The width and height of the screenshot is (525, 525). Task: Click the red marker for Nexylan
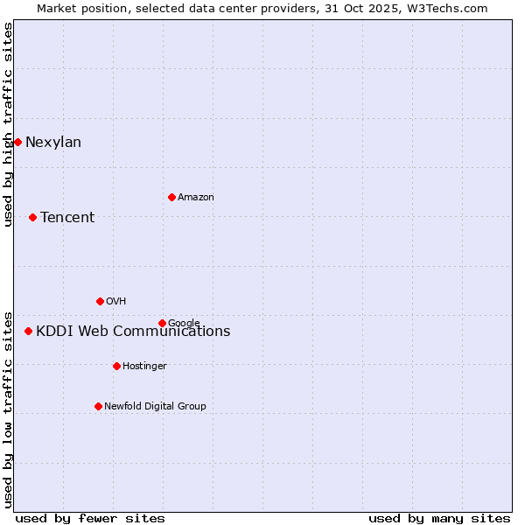click(17, 142)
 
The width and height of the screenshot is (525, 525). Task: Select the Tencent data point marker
click(32, 217)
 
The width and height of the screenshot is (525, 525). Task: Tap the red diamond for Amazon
click(171, 197)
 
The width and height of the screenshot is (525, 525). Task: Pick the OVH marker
click(100, 301)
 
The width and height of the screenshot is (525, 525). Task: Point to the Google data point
click(162, 323)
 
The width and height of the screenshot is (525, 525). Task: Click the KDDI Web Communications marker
click(28, 331)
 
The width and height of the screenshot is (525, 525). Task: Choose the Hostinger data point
click(116, 366)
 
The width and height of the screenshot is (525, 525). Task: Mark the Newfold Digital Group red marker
click(98, 406)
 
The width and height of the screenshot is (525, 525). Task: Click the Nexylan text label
click(53, 143)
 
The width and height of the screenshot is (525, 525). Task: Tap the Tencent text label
click(67, 218)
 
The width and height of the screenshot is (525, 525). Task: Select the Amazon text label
click(196, 198)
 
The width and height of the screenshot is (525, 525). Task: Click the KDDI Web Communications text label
click(133, 332)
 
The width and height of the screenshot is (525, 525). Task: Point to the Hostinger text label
click(144, 366)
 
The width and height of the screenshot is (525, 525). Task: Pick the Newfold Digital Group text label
click(155, 406)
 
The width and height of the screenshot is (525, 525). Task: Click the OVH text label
click(115, 302)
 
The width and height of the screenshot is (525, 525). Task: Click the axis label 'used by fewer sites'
click(90, 518)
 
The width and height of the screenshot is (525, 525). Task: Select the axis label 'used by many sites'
click(439, 518)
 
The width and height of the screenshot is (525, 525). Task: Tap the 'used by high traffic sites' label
click(9, 124)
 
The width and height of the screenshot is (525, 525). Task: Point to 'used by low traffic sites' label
click(9, 409)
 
